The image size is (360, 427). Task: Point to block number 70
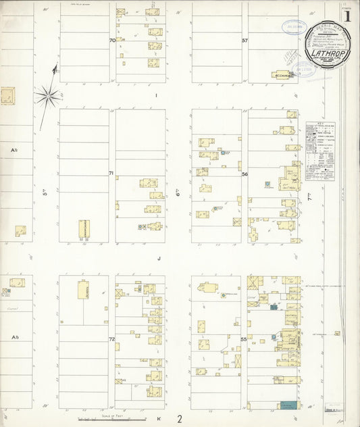(x=112, y=41)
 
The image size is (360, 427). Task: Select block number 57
(x=245, y=41)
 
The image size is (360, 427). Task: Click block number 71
(x=111, y=174)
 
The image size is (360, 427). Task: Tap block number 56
(x=245, y=174)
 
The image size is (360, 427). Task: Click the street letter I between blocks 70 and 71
(x=156, y=95)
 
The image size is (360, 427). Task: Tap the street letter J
(x=159, y=258)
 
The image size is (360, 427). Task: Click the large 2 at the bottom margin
(x=180, y=419)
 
